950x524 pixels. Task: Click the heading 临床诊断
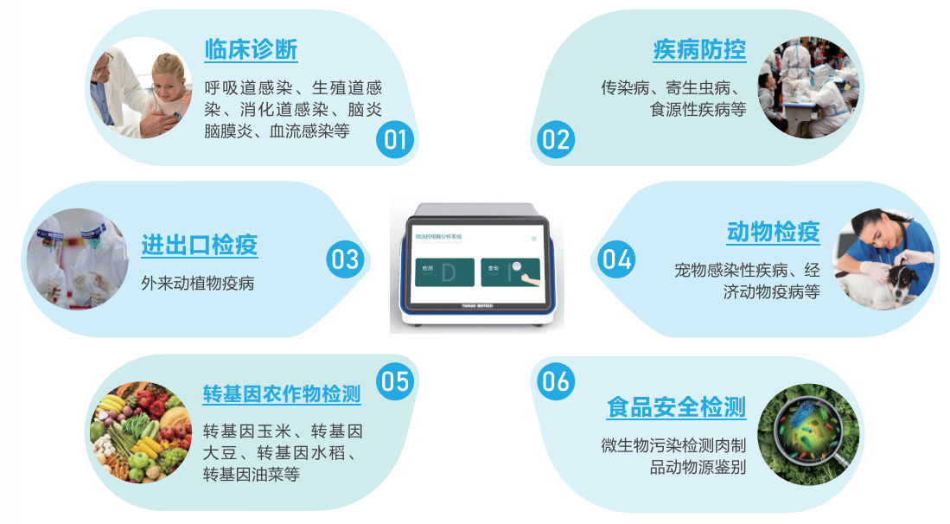tap(251, 50)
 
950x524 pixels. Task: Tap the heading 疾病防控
tap(699, 50)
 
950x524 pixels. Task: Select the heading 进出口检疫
tap(200, 245)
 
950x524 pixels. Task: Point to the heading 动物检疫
tap(773, 232)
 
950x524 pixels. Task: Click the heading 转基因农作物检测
tap(282, 393)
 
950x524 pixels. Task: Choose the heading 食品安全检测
tap(676, 406)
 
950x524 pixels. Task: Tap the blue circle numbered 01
tap(395, 139)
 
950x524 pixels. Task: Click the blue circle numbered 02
tap(555, 139)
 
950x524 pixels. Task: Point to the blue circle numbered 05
tap(395, 380)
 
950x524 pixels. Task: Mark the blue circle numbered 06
tap(555, 380)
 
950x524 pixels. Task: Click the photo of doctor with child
tap(141, 87)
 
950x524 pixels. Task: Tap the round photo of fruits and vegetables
tap(141, 432)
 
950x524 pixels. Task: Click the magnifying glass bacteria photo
tap(808, 432)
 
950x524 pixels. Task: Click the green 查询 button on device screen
tap(510, 272)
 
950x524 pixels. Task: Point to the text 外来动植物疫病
tap(198, 283)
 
